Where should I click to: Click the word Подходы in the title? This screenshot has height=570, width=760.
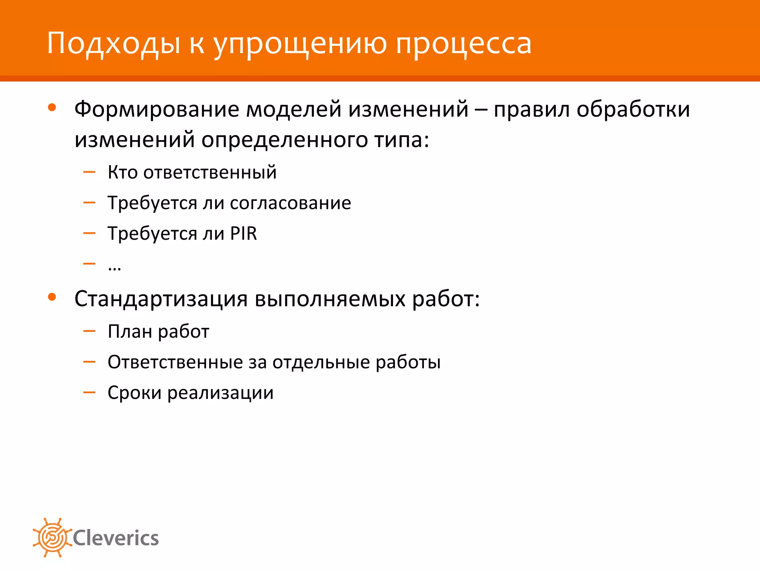[x=114, y=44]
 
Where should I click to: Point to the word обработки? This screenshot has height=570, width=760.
[x=633, y=110]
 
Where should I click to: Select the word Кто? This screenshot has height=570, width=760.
[x=122, y=172]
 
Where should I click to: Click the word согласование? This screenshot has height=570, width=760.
[x=291, y=203]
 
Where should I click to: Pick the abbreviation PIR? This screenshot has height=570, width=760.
[x=243, y=233]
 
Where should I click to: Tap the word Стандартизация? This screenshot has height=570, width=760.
[x=161, y=299]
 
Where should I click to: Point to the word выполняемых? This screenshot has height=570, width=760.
[x=330, y=299]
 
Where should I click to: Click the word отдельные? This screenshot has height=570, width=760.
[x=321, y=362]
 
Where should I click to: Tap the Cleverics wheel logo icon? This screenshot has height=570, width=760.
[x=52, y=537]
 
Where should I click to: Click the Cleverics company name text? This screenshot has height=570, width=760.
[x=116, y=538]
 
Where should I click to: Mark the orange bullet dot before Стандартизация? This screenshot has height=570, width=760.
[x=52, y=297]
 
